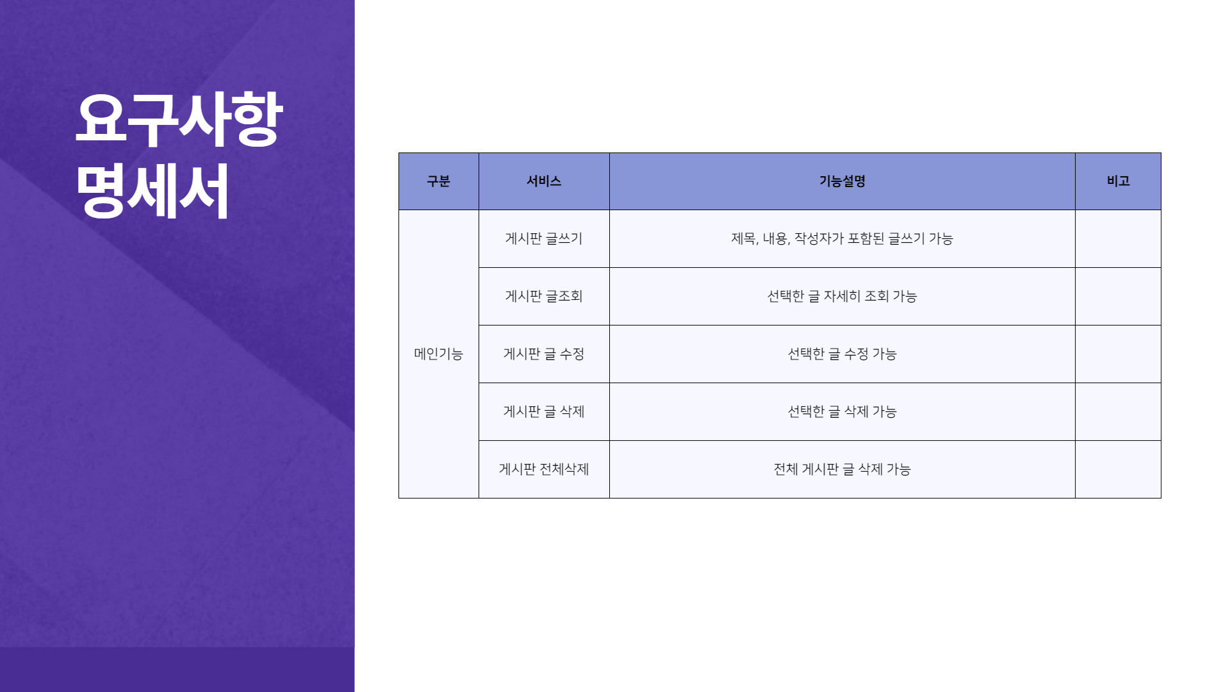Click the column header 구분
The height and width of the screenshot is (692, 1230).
coord(439,181)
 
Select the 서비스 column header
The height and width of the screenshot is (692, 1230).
coord(544,181)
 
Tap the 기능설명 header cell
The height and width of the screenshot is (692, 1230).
coord(842,181)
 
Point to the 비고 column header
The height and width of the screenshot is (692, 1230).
coord(1118,181)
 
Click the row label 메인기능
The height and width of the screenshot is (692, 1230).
coord(439,354)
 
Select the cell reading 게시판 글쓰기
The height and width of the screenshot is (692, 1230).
coord(544,238)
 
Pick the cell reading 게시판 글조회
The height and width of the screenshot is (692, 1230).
coord(544,296)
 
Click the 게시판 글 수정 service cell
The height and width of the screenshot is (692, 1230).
coord(544,354)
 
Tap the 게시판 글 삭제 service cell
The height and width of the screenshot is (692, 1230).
coord(544,411)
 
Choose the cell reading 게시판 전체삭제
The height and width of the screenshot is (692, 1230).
coord(544,469)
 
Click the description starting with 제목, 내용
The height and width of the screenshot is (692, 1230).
coord(842,238)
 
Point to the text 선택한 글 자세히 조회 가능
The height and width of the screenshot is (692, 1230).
coord(842,296)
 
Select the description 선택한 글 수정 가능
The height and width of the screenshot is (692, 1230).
coord(842,354)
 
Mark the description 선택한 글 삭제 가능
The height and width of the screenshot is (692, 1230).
coord(842,411)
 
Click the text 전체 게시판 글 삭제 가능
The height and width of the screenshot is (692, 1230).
coord(842,469)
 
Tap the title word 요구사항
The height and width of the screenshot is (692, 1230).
coord(179,119)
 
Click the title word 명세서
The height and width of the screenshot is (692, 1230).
coord(152,191)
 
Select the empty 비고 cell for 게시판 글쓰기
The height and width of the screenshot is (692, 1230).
coord(1118,238)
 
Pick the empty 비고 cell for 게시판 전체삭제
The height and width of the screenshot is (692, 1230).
coord(1118,469)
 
